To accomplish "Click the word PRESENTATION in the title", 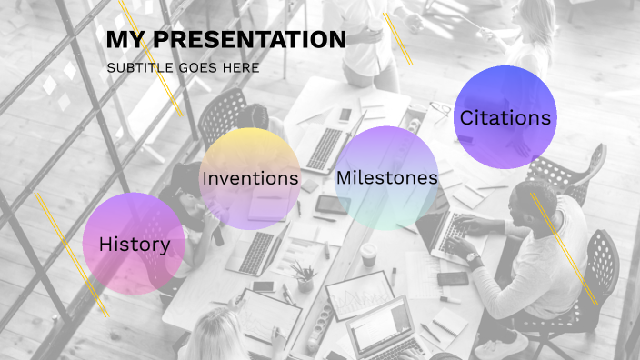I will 250,40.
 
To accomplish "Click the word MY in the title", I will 126,40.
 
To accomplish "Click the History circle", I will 134,244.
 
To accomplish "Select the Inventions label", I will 250,178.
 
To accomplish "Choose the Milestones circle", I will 386,178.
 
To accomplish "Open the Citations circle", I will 505,117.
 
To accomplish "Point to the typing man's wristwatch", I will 473,258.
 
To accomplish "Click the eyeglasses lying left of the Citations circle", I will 440,112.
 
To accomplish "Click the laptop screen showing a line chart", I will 360,295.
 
